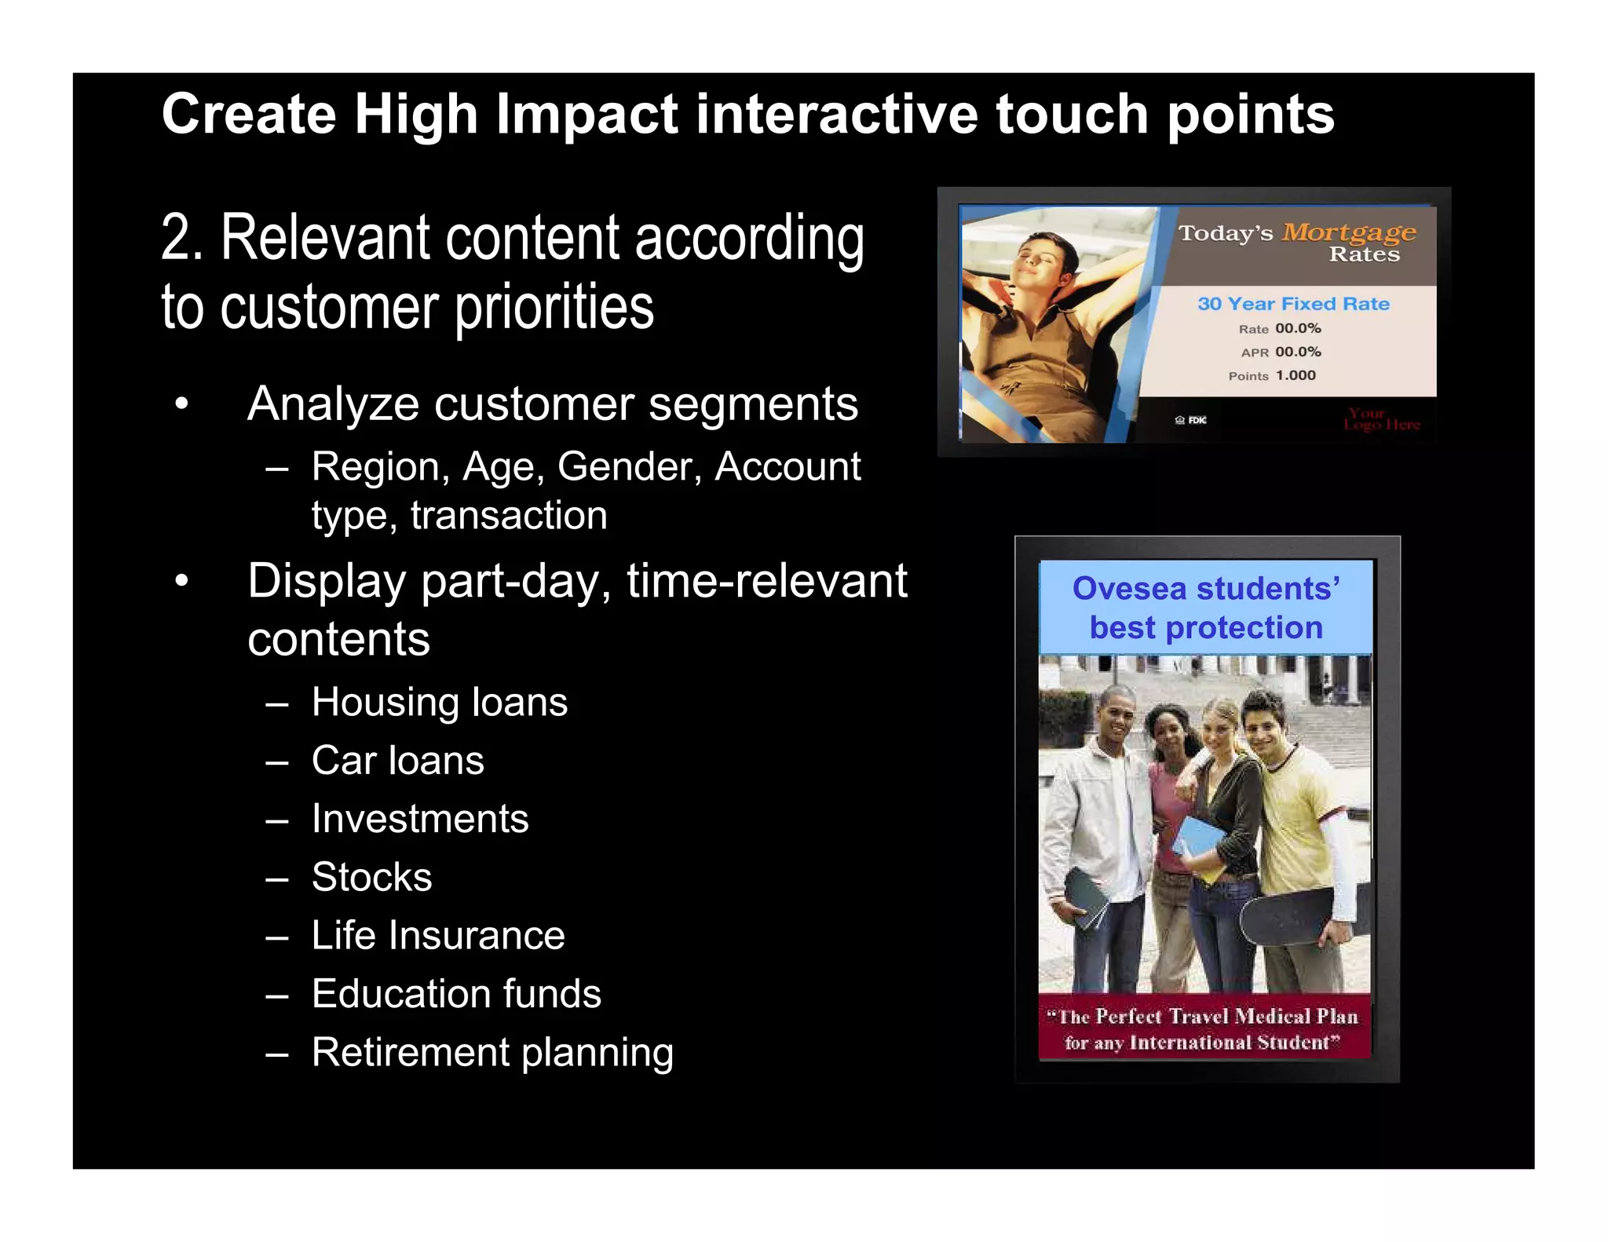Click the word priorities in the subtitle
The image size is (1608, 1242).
click(554, 308)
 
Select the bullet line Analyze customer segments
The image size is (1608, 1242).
click(552, 404)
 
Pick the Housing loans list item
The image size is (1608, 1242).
click(439, 702)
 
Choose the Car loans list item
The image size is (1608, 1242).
click(397, 761)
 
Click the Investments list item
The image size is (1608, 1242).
click(420, 819)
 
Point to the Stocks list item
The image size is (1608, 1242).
click(371, 877)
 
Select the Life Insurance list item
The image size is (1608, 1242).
click(438, 936)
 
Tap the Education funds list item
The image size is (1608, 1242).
click(456, 994)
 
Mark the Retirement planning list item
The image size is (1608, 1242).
click(492, 1053)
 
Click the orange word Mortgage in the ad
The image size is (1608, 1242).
click(1348, 232)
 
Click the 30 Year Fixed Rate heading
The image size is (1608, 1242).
click(1292, 304)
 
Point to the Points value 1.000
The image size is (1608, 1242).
click(1296, 375)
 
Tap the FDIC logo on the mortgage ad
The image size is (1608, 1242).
click(1191, 420)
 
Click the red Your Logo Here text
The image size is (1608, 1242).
click(1381, 419)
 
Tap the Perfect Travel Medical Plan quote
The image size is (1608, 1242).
click(1204, 1028)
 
